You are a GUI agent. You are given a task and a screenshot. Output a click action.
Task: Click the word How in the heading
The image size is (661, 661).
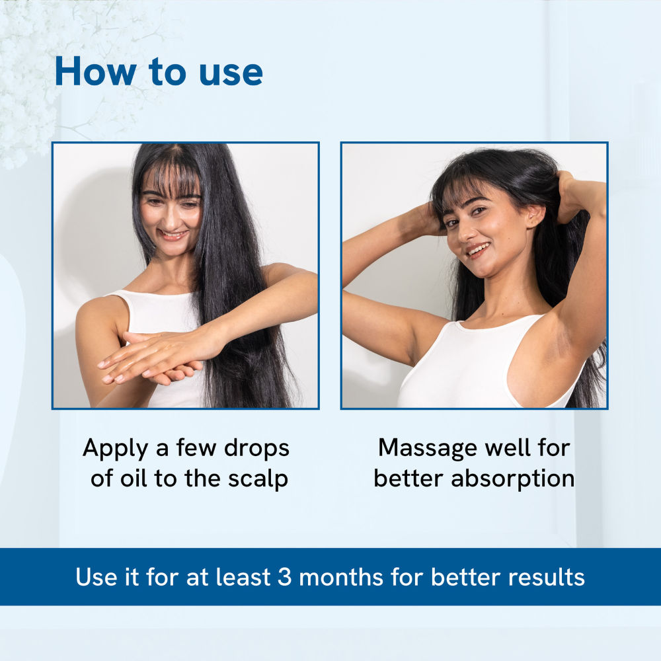pos(95,71)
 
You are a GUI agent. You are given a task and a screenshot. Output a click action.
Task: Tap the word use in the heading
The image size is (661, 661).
pos(231,74)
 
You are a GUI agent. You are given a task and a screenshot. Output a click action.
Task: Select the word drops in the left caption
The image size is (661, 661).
pos(256,447)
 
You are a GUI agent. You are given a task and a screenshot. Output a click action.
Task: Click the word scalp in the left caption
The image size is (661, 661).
pos(258,479)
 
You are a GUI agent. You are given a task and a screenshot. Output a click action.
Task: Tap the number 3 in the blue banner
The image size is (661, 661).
pos(284,576)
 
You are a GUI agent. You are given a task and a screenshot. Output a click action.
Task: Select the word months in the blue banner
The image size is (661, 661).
pos(341,576)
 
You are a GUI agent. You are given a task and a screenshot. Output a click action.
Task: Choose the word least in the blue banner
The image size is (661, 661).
pos(243,576)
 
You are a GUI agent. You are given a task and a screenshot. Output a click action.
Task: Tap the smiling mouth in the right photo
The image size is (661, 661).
pos(479,251)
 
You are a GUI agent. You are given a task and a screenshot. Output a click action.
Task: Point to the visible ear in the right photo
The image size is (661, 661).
pos(535,215)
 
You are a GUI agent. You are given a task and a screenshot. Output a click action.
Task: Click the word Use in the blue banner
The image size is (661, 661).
pos(97,576)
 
